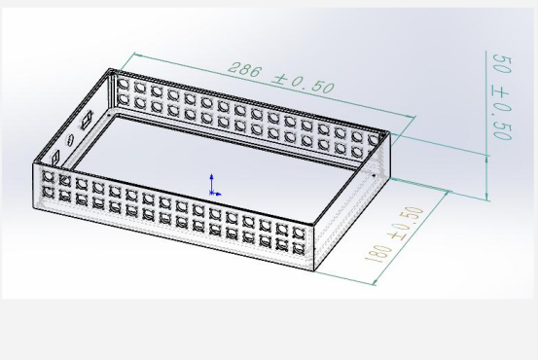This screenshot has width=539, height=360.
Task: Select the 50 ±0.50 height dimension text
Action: pos(503,97)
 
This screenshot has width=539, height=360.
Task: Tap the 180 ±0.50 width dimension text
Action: pos(395,234)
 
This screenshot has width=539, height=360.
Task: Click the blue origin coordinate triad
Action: pos(214,186)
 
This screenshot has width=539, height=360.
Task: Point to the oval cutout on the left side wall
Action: pos(69,139)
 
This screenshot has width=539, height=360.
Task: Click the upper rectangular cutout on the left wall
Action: pos(87,120)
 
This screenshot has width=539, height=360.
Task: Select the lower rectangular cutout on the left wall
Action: pos(55,159)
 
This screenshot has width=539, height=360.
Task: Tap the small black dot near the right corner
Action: pos(375,176)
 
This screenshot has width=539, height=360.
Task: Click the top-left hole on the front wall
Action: pos(48,176)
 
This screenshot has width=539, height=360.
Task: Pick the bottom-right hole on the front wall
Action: pos(299,247)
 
